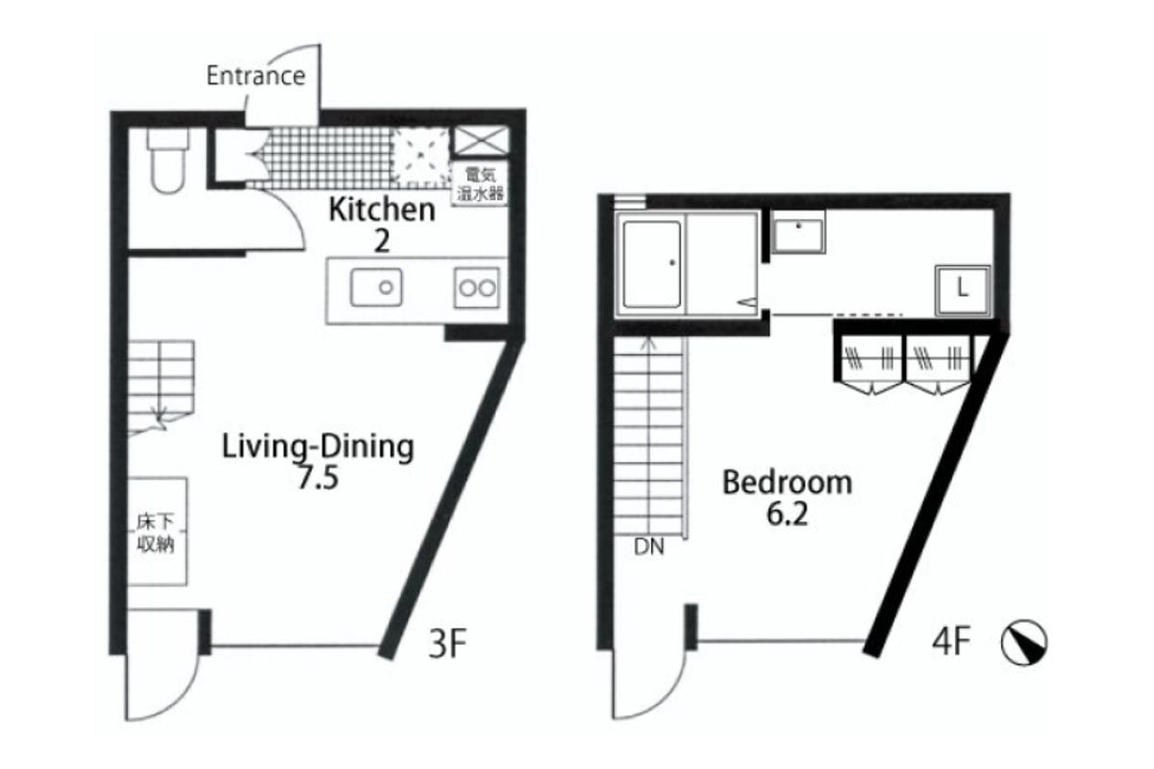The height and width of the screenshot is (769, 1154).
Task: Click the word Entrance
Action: tap(256, 76)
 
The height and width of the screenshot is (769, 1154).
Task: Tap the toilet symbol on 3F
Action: tap(167, 161)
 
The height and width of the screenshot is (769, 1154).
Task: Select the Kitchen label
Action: tap(382, 210)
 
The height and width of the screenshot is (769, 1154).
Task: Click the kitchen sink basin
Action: tap(376, 286)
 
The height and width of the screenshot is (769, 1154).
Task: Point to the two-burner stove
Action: tap(477, 288)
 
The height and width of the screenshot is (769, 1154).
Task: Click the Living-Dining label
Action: tap(318, 447)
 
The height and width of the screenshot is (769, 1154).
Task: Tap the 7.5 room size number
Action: tap(318, 478)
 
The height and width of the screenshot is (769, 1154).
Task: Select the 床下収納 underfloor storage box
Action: tap(157, 532)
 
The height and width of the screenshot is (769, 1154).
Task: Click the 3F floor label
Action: tap(447, 643)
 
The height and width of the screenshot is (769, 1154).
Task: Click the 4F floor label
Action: tap(951, 642)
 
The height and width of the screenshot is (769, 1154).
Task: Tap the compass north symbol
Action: tap(1023, 642)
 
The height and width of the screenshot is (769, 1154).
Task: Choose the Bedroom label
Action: tap(788, 483)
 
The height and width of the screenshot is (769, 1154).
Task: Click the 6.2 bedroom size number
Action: tap(788, 513)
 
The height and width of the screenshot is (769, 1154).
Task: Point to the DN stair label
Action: tap(649, 547)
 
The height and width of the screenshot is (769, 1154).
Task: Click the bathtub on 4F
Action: tap(652, 264)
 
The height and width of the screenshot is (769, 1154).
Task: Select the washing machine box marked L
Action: tap(963, 290)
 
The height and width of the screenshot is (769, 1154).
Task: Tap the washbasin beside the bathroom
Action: tap(798, 233)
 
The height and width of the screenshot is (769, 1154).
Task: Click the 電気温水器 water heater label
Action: tap(480, 184)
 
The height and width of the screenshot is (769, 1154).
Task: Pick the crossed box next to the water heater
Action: tap(480, 140)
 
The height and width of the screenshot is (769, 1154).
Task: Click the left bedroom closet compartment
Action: tap(870, 360)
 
